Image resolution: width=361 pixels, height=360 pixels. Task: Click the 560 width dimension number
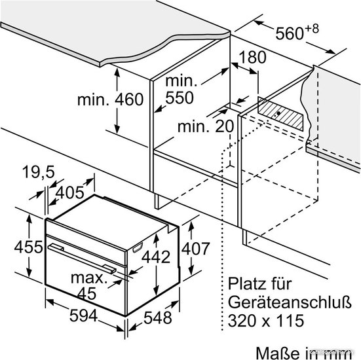coord(290,33)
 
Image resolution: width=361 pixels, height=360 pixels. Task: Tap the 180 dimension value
coord(252,58)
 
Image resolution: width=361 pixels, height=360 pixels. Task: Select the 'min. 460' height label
coord(111,99)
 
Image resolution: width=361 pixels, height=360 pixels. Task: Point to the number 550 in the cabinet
coord(180,98)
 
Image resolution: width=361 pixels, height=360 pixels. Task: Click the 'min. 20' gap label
coord(206,126)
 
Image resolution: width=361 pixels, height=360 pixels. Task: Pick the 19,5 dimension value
coord(39,172)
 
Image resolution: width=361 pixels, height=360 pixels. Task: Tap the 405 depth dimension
coord(70,192)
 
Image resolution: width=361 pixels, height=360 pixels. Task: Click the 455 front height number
coord(29,247)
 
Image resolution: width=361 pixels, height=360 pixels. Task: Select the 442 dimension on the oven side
coord(156,257)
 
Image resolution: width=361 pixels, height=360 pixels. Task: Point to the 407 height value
coord(196,249)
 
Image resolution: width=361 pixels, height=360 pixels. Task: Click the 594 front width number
coord(84,315)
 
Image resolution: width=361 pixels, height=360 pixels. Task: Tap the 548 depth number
coord(158,317)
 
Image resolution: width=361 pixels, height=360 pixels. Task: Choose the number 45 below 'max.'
coord(86,293)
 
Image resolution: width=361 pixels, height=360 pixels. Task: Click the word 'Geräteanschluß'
coord(290,302)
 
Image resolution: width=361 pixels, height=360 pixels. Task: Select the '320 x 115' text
coord(266,321)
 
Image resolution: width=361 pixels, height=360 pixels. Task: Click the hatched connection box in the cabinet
coord(280,114)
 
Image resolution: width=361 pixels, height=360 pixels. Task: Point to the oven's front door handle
coord(82,258)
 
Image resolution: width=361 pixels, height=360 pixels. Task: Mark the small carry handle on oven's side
coord(138,247)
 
